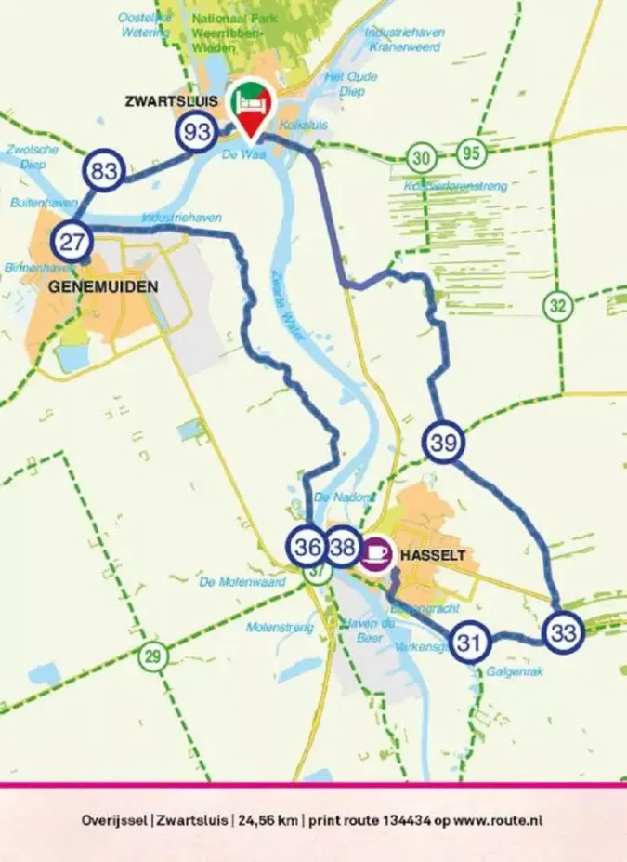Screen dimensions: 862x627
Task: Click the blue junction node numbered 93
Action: coord(197,132)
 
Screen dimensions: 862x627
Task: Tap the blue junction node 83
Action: coord(103,171)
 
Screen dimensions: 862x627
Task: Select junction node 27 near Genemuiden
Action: coord(72,242)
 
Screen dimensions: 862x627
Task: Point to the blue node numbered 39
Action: coord(443,443)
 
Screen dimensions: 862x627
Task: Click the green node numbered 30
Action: coord(423,157)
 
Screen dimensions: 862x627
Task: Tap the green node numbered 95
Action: coord(472,154)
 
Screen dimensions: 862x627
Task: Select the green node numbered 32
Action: coord(557,305)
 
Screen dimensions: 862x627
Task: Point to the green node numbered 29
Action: coord(152,656)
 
